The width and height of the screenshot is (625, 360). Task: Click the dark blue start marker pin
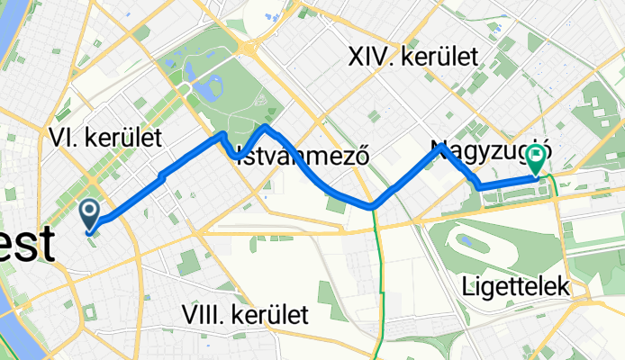91,212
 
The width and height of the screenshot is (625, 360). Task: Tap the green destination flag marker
538,160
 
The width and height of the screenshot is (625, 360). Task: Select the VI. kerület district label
105,138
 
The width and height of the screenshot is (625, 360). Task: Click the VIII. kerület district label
244,315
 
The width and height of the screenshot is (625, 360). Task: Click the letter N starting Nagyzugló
439,148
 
